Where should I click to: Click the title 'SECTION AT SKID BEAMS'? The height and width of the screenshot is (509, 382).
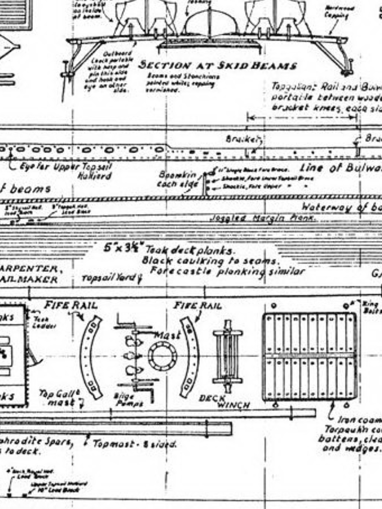click(217, 66)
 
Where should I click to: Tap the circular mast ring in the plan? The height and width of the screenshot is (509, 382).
click(163, 356)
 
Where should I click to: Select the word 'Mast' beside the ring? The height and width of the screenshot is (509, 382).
click(168, 336)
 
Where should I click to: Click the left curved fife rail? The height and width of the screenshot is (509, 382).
click(91, 357)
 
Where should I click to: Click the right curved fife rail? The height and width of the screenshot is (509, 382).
click(190, 357)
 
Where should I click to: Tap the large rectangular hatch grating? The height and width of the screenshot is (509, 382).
click(309, 356)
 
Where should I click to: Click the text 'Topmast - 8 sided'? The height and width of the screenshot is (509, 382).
click(134, 443)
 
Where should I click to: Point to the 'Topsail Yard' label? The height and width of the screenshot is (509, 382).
click(108, 278)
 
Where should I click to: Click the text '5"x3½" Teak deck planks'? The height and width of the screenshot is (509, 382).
click(169, 249)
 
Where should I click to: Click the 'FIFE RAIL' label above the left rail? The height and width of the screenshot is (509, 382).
click(71, 305)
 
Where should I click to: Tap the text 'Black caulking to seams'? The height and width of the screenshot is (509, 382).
click(211, 260)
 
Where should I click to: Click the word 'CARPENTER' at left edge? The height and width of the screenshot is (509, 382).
click(31, 269)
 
